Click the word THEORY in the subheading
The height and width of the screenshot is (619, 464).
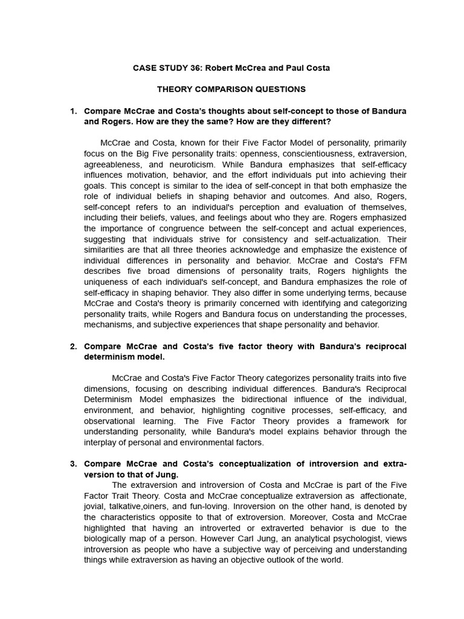coord(176,89)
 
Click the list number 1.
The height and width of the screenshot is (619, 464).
coord(73,111)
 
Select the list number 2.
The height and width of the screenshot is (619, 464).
coord(73,346)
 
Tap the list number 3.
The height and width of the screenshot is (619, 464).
coord(73,464)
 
